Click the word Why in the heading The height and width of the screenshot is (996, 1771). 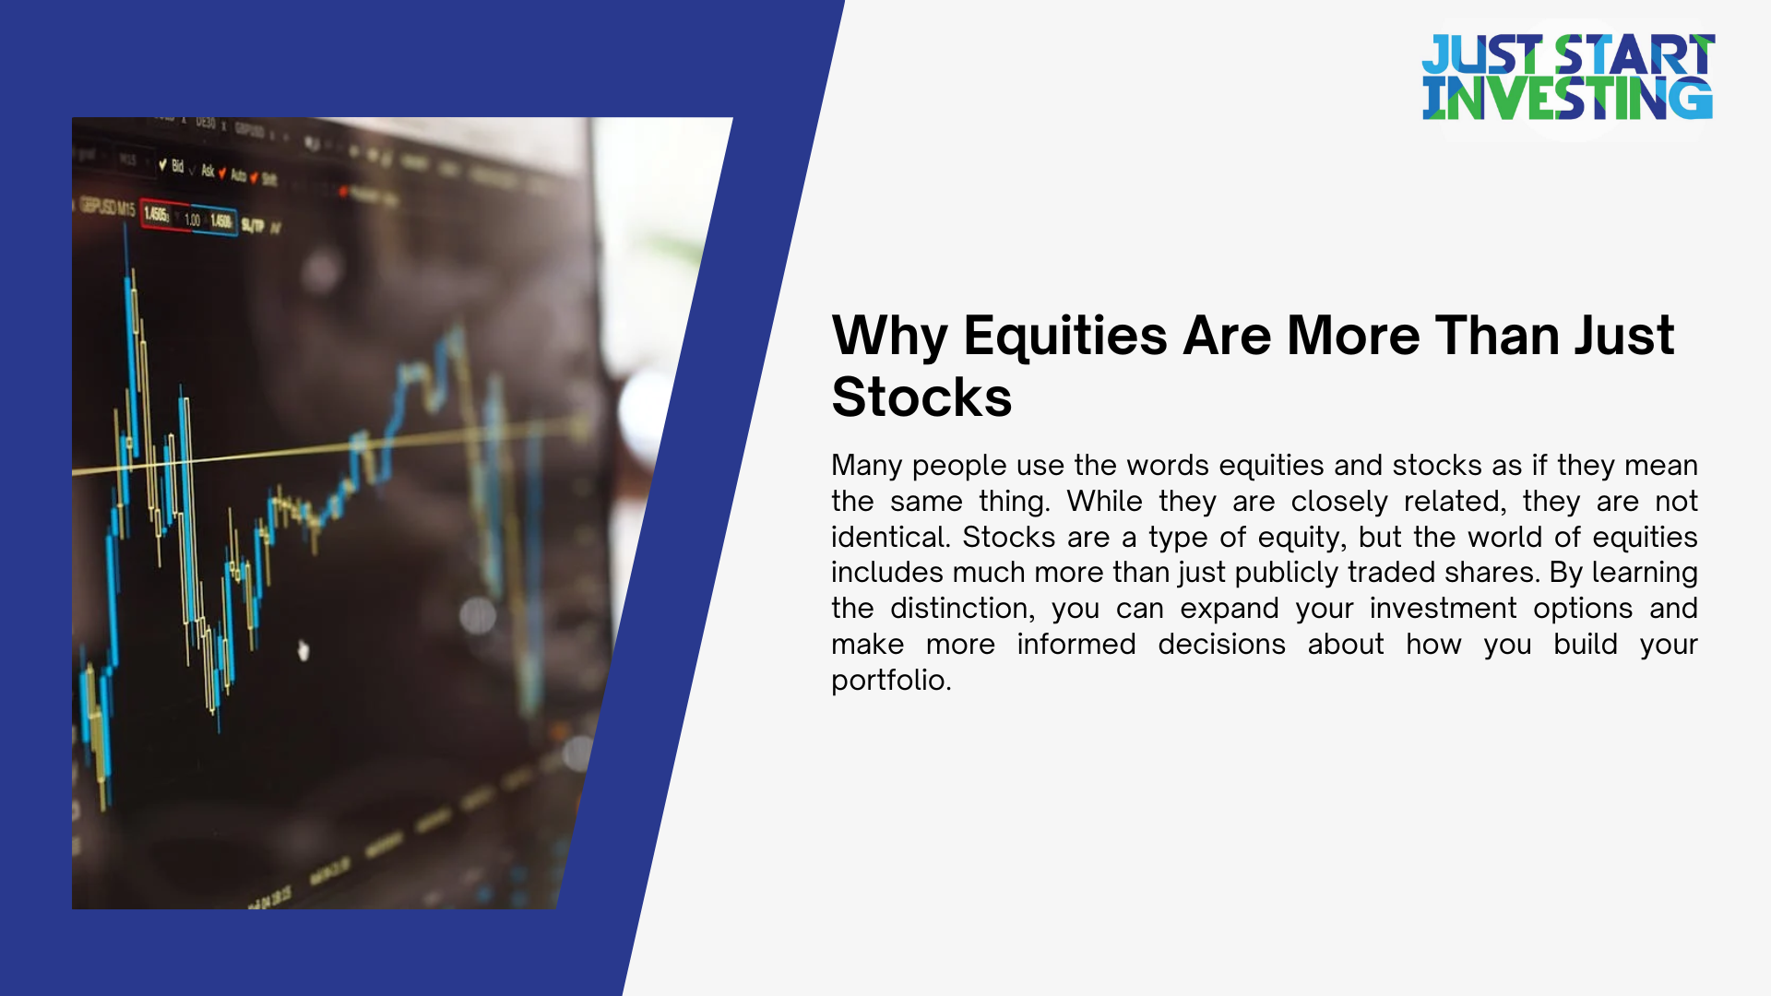(x=888, y=336)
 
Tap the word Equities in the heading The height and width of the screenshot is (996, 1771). (x=1064, y=336)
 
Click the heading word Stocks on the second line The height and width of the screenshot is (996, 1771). (x=921, y=397)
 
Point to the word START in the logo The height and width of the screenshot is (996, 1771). (x=1634, y=55)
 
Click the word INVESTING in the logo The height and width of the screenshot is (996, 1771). (x=1567, y=100)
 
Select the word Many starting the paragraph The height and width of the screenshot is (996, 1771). (x=866, y=466)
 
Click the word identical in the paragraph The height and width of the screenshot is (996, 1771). (x=890, y=538)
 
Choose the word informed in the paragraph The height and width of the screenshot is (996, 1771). (x=1076, y=645)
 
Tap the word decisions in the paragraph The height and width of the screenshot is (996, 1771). (x=1221, y=645)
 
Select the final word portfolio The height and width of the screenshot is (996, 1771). (x=890, y=681)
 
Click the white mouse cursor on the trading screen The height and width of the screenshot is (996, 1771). (x=303, y=650)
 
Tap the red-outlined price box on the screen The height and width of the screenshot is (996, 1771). (x=156, y=216)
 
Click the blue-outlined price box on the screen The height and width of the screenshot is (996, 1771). (x=220, y=221)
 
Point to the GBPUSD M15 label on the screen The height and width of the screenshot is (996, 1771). (x=107, y=208)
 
